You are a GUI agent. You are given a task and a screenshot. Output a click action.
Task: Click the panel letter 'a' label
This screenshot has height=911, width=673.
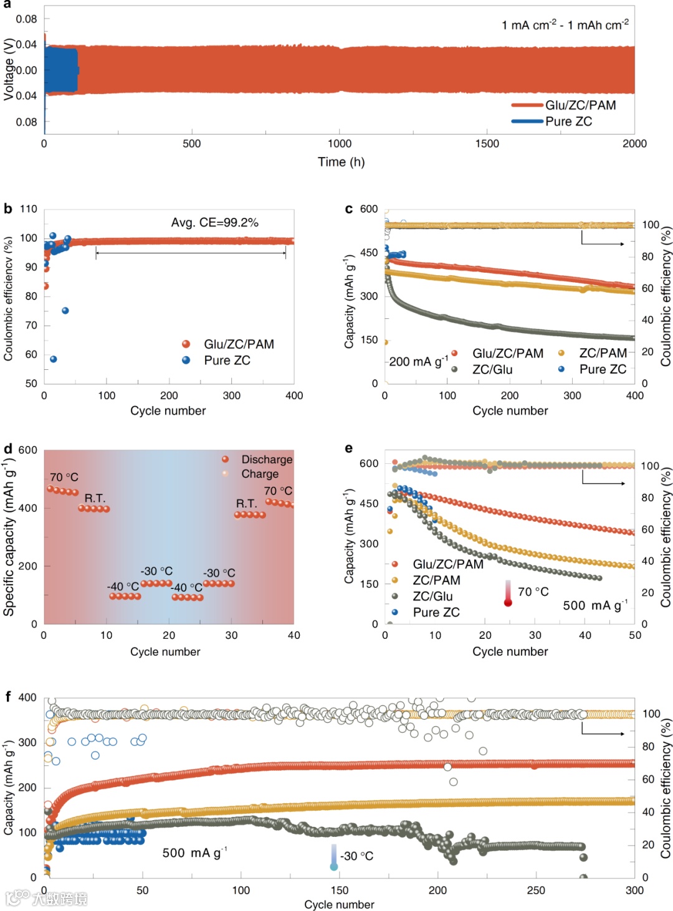point(7,5)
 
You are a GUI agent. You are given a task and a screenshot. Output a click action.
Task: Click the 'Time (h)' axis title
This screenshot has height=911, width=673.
point(341,162)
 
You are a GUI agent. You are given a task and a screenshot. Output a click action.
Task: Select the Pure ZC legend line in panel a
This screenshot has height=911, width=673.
point(527,121)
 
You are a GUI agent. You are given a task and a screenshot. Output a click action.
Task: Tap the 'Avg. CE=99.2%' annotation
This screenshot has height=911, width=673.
point(215,222)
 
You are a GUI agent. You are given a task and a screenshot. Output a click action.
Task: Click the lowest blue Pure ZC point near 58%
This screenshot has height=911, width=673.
point(54,359)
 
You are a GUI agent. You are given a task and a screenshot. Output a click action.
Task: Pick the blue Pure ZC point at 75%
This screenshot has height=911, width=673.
point(65,311)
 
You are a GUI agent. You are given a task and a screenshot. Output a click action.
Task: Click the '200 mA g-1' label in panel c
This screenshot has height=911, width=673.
point(418,362)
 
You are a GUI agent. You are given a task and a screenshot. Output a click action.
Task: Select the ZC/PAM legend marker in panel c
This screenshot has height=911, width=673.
point(561,353)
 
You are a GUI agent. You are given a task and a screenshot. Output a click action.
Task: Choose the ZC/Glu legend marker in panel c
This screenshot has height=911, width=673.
point(455,369)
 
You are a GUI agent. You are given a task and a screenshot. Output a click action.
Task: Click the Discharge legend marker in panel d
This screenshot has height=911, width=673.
point(226,460)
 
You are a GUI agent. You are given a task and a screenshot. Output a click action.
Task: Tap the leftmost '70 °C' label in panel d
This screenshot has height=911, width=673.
point(64,477)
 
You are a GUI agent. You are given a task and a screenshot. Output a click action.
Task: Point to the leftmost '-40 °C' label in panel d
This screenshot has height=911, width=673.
point(123,587)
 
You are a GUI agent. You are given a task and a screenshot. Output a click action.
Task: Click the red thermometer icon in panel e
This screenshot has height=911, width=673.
point(508,594)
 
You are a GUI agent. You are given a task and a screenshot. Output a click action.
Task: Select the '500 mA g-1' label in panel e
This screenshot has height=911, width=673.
point(595,605)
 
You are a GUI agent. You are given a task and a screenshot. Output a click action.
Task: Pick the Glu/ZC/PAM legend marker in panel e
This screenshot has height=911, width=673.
point(395,564)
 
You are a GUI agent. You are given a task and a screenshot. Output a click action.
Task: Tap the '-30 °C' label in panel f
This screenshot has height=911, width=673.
point(357,856)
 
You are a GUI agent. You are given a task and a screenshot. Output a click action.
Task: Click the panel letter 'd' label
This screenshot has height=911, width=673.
point(8,449)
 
